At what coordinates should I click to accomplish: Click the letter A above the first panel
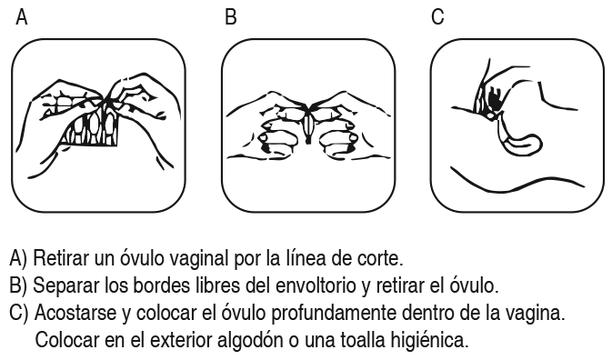click(x=22, y=17)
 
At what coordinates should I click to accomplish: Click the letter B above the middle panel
click(x=231, y=17)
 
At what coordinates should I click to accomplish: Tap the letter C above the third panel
click(x=437, y=17)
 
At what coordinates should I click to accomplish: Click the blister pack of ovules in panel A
click(x=93, y=126)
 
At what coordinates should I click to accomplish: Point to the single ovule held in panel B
click(x=308, y=126)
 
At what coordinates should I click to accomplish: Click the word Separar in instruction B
click(x=66, y=286)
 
